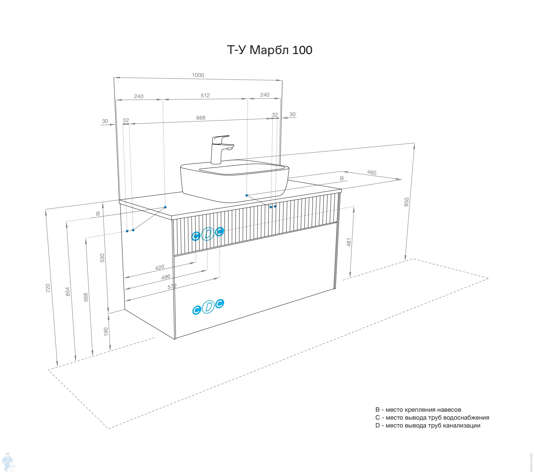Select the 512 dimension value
coord(205,96)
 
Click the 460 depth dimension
coord(371,173)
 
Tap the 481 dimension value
coord(349,242)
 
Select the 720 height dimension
coord(48,288)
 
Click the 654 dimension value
coord(68,292)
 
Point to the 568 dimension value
coord(86,297)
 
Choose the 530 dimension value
coord(102,258)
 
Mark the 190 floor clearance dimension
coord(106,332)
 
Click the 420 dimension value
coord(160,267)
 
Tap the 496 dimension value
coord(166,277)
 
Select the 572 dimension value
coord(172,287)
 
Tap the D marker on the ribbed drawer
coord(208,234)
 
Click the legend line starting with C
coord(432,418)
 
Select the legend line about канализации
coord(428,425)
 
